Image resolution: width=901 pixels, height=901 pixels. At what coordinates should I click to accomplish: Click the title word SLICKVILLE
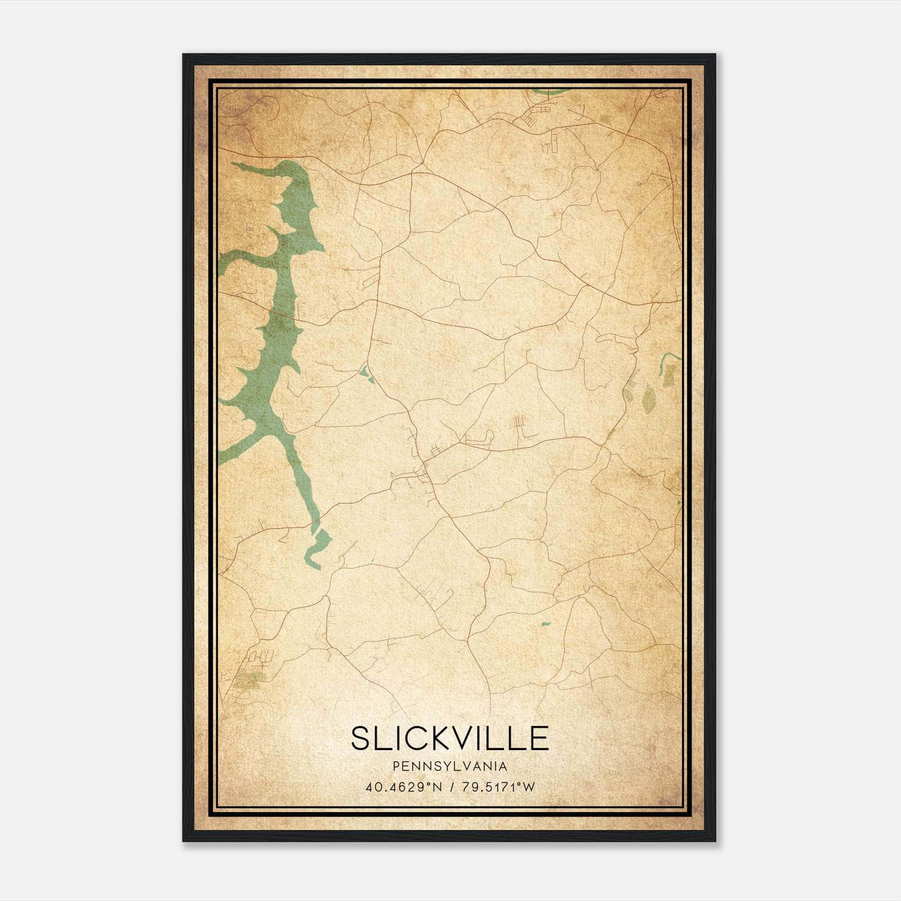pos(449,738)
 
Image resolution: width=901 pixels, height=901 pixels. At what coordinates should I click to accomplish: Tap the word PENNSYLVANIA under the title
pos(449,766)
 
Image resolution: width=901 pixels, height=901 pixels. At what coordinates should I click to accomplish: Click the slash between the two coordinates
pos(450,787)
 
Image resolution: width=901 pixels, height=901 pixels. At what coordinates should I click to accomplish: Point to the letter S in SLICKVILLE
pos(362,738)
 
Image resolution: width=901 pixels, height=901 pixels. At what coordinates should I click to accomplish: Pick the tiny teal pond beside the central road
pos(365,373)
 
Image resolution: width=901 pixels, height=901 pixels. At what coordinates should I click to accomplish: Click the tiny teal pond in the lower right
pos(545,623)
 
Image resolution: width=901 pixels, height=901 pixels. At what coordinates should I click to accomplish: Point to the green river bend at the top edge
pos(552,90)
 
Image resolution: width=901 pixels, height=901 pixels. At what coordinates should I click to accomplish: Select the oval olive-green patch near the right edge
pos(649,399)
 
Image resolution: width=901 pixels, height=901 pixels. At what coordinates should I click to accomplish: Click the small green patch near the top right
pos(605,119)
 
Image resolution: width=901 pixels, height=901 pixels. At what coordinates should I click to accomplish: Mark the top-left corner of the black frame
pos(183,55)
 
